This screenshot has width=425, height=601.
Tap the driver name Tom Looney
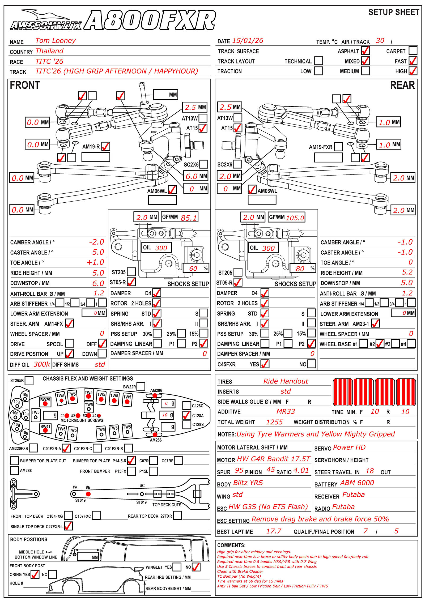point(56,41)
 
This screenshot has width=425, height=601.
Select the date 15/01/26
point(248,41)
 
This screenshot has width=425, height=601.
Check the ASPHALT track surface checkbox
point(365,50)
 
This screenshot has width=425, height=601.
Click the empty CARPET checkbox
point(413,50)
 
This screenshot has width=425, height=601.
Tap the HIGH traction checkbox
point(413,71)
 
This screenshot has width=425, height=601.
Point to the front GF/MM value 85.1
point(189,218)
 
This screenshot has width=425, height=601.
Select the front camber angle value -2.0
point(97,242)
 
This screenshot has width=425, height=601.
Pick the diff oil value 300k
point(42,364)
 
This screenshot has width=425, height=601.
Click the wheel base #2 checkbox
point(380,344)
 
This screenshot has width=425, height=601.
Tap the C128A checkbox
point(187,415)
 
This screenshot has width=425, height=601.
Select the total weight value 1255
point(274,422)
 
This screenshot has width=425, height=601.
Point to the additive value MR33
point(286,411)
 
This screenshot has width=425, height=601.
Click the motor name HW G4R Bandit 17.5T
point(273,459)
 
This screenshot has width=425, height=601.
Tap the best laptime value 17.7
point(274,531)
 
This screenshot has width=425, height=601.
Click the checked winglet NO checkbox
point(196,567)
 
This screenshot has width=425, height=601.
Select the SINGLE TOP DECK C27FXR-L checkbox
point(68,526)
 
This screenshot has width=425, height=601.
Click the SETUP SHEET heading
point(394,12)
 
